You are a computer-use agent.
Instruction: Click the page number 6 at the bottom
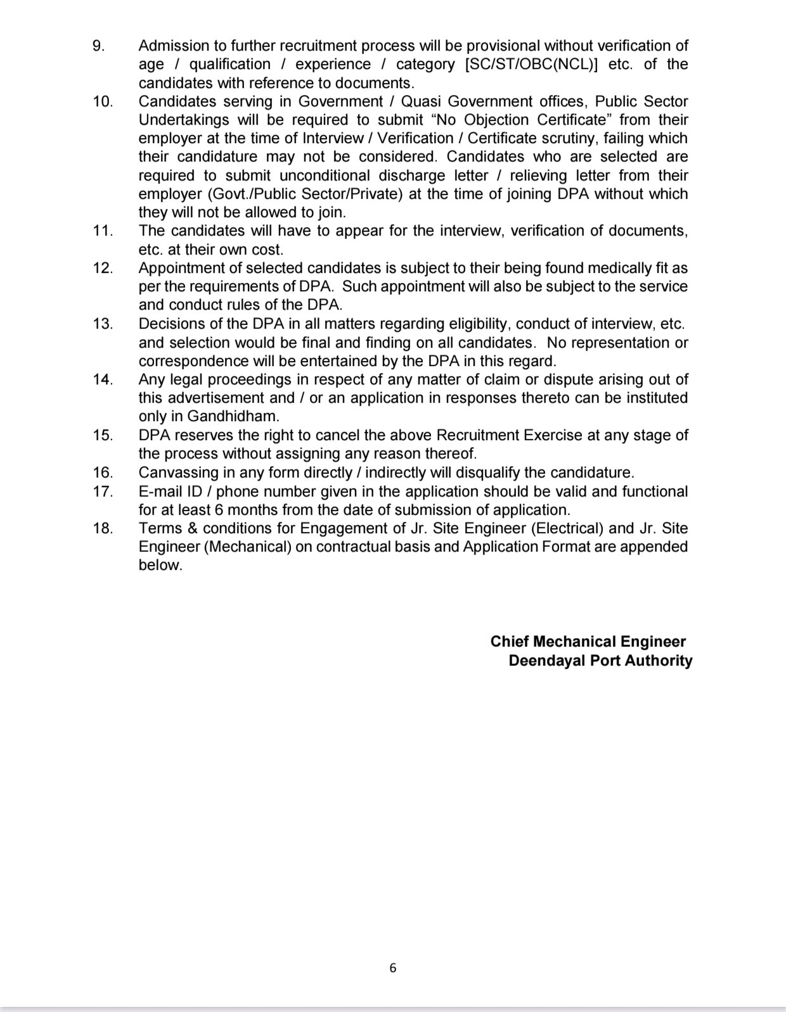pos(393,967)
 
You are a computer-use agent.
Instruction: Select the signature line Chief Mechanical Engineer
pos(588,642)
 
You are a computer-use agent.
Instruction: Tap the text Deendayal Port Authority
pos(600,661)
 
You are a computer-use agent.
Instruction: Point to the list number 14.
pos(103,379)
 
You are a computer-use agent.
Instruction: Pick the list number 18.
pos(103,528)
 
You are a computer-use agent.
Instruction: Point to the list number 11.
pos(103,231)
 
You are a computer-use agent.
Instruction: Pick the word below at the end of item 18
pos(160,565)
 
